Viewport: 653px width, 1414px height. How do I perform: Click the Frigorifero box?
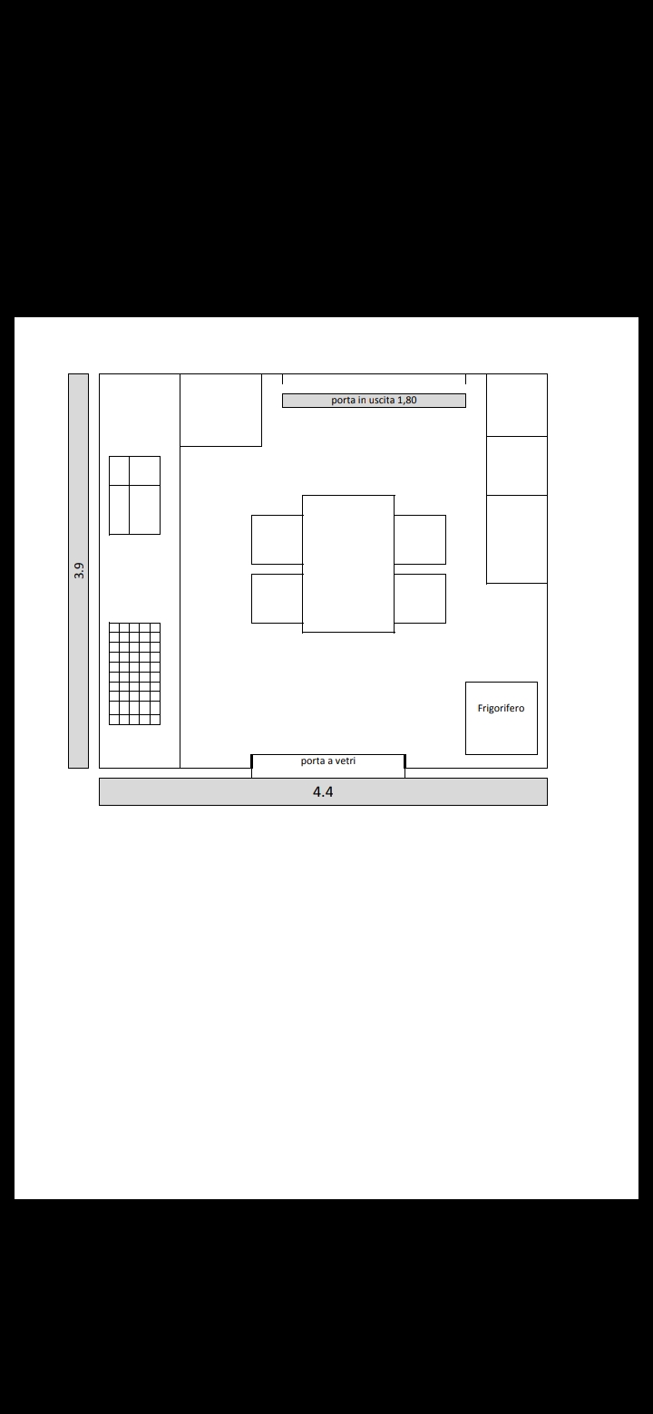pos(502,718)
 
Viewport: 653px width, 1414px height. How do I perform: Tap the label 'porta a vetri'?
pos(327,760)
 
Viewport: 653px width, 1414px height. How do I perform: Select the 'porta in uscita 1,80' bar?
pos(374,401)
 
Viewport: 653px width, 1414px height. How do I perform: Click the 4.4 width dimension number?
pos(323,791)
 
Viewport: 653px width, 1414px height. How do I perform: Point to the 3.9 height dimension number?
pos(79,571)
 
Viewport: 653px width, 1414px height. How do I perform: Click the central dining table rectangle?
pos(348,564)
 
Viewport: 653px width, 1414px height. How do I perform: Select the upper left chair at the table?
pos(278,539)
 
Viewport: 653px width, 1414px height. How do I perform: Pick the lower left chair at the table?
pos(278,598)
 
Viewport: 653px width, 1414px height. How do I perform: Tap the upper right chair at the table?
pos(420,539)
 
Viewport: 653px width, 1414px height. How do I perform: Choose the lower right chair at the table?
pos(420,598)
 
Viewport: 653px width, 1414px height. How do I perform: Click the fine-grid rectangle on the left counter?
pos(134,673)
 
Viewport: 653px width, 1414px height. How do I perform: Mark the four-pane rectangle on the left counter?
pos(134,496)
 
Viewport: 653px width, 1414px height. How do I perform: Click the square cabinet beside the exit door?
pos(221,411)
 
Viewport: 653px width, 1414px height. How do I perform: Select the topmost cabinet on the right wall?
pos(517,404)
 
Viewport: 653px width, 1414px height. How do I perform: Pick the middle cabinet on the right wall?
pos(517,466)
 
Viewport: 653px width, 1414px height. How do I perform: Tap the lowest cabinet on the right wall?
pos(517,539)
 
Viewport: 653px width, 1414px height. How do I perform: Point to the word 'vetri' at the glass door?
pos(345,760)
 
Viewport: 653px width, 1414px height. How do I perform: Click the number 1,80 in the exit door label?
pos(407,401)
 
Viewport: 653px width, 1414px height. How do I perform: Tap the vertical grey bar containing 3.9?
pos(78,571)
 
